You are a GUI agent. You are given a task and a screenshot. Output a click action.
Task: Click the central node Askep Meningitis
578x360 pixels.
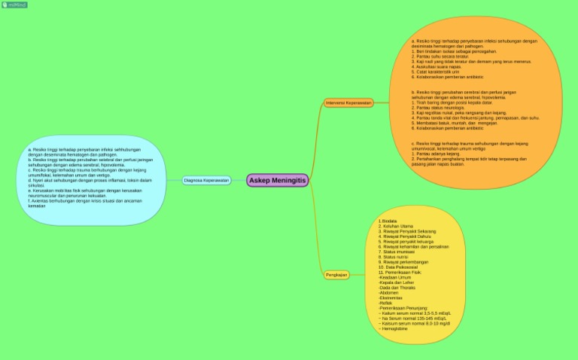[x=277, y=180]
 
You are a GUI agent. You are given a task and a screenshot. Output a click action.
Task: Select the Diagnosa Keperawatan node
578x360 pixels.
[x=207, y=181]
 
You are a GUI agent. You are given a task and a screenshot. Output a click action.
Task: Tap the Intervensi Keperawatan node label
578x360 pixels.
[x=348, y=102]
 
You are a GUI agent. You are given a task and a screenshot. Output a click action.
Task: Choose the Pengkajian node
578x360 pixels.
[x=336, y=275]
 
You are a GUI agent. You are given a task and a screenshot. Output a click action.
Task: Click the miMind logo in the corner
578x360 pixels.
[x=14, y=5]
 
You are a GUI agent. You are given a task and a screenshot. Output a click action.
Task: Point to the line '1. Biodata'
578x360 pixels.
[x=388, y=221]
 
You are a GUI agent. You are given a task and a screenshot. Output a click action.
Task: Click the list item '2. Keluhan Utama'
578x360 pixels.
[x=397, y=226]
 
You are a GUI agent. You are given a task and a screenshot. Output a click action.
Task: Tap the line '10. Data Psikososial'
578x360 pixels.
[x=400, y=267]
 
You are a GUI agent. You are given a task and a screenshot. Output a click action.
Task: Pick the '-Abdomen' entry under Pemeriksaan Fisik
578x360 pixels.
[x=391, y=293]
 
